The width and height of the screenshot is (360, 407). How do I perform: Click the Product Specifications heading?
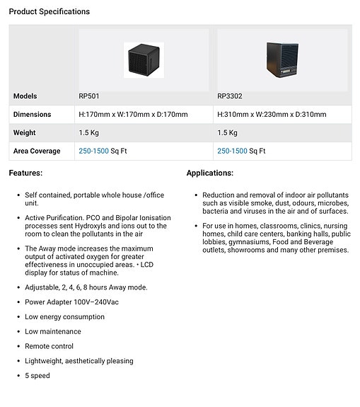pos(50,12)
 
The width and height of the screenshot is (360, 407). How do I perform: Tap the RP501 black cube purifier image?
pos(144,59)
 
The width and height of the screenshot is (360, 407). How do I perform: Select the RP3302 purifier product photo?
pos(281,60)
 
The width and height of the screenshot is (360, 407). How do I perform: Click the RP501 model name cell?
pos(88,96)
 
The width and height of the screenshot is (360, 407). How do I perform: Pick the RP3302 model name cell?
pos(229,96)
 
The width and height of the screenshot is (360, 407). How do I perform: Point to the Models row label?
pos(25,96)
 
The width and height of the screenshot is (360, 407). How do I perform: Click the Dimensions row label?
pos(33,115)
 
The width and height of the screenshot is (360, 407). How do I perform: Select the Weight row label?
pos(25,133)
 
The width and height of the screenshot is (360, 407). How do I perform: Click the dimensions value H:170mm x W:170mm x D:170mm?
pos(133,115)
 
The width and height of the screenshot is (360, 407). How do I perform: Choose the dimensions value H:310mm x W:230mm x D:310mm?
pos(272,115)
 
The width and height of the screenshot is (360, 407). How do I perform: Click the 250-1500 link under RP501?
pos(93,151)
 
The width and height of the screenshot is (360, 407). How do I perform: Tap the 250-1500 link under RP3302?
pos(232,151)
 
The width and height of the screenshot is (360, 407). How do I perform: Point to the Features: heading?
pos(25,173)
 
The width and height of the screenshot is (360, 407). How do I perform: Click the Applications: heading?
pos(210,173)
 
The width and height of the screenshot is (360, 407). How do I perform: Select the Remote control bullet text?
pos(49,347)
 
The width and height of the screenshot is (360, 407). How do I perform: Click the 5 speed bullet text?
pos(37,376)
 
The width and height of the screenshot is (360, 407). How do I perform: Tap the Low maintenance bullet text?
pos(53,332)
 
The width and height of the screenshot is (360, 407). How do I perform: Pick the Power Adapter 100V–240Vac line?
pos(71,302)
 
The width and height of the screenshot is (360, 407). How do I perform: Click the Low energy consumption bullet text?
pos(64,317)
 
